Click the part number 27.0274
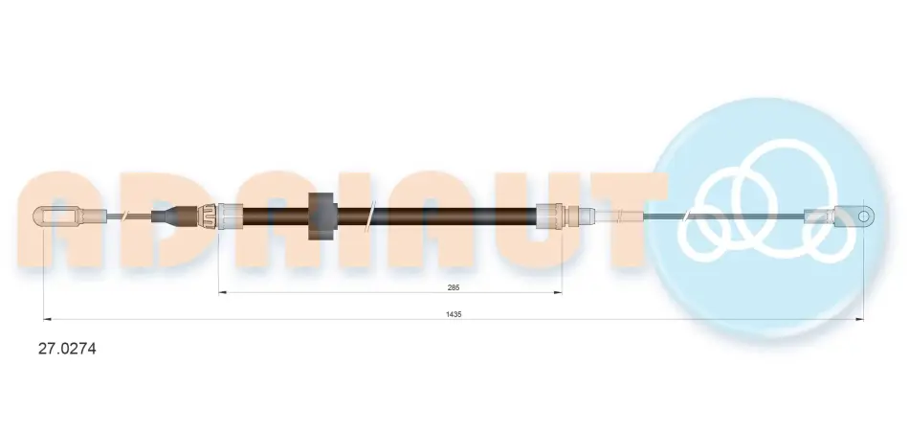point(67,349)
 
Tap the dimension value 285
point(454,287)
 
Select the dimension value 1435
point(454,314)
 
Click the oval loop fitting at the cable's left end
point(55,216)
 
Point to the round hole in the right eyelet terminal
point(863,216)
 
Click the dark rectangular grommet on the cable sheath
point(322,216)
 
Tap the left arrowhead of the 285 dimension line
point(222,292)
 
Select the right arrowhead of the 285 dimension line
point(558,292)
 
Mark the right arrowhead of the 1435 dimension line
point(860,319)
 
